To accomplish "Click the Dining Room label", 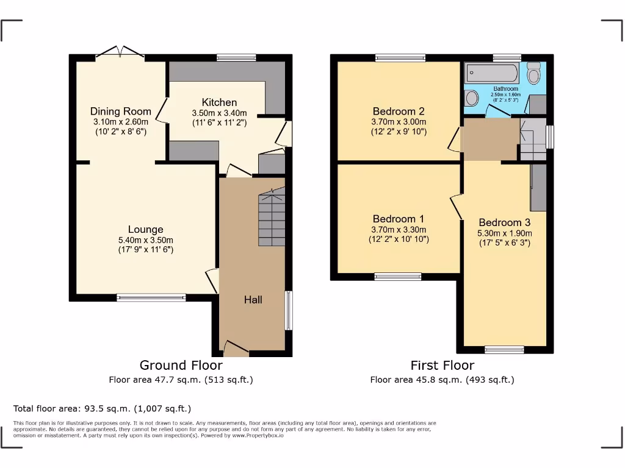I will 121,111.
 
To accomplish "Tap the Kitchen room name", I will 219,102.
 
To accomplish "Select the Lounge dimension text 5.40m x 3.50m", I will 145,239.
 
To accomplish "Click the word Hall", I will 253,299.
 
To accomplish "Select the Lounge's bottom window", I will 151,297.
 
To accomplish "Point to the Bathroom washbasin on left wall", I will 472,98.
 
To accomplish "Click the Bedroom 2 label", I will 399,112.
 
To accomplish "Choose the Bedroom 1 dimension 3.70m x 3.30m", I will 399,230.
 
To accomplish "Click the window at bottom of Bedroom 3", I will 504,350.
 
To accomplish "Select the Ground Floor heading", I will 181,365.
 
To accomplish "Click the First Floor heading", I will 442,365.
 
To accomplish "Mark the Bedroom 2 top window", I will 400,58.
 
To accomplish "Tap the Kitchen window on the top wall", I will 236,58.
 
